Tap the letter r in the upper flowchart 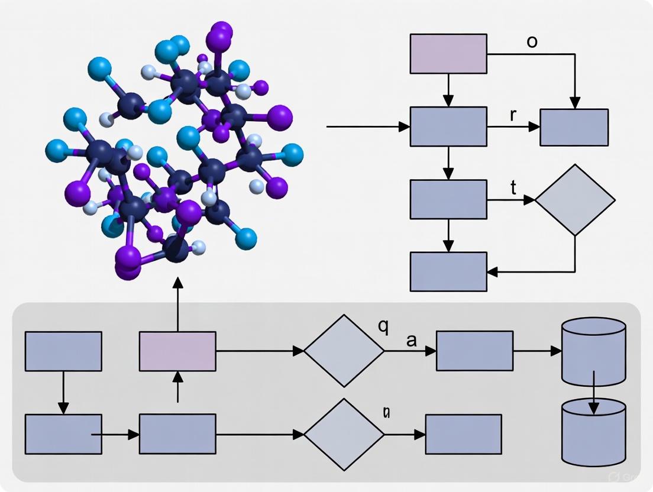click(x=513, y=115)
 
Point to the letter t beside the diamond click(x=513, y=188)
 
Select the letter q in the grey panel click(x=383, y=327)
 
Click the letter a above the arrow click(x=412, y=341)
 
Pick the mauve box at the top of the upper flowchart click(x=449, y=54)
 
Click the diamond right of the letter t click(x=575, y=200)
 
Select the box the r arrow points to click(x=574, y=127)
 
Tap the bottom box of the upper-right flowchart click(x=449, y=271)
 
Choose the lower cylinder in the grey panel click(x=593, y=432)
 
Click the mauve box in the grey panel click(x=177, y=351)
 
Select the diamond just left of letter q click(x=344, y=351)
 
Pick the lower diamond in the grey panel click(x=344, y=434)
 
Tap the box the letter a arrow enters click(x=474, y=351)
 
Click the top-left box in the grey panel click(x=63, y=351)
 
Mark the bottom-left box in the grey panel click(x=63, y=434)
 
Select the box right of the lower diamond click(x=464, y=434)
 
